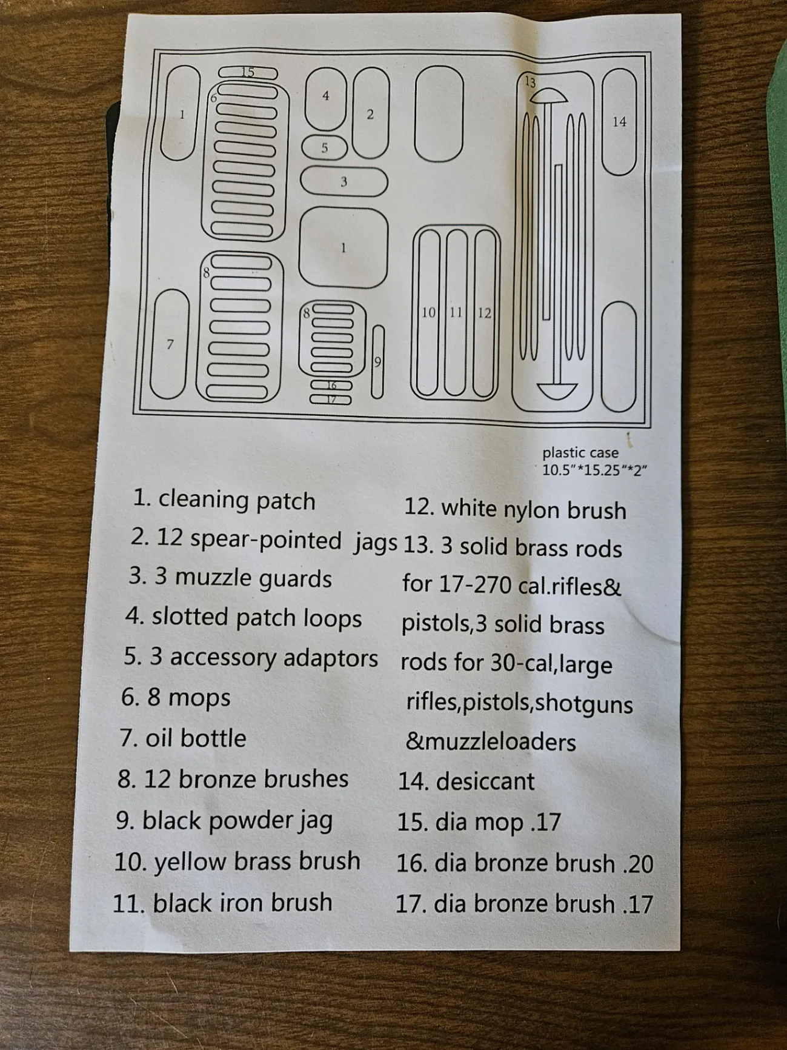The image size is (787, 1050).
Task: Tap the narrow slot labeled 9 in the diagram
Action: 377,362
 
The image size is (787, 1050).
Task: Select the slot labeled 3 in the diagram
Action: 344,181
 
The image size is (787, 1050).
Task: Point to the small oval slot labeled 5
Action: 324,148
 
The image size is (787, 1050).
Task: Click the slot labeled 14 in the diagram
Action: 619,122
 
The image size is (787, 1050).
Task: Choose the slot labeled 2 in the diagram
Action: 370,114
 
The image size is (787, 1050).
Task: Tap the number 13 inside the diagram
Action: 530,82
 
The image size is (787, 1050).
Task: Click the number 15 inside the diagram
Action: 248,72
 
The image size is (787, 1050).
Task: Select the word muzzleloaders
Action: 491,741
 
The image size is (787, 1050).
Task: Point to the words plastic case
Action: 580,453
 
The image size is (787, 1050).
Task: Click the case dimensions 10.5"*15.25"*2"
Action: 594,470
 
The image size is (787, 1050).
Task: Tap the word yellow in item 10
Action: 190,862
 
